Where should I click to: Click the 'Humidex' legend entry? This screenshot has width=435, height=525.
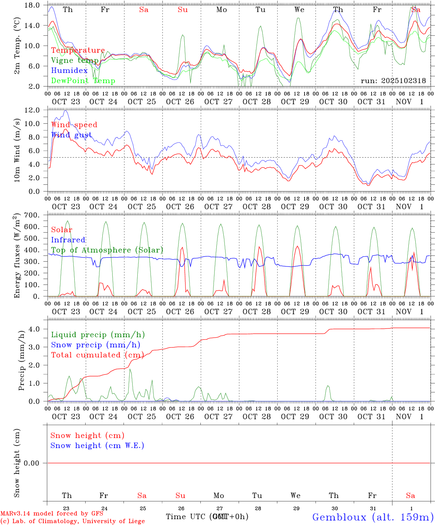69,71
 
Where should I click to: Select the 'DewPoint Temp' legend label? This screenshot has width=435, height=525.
83,81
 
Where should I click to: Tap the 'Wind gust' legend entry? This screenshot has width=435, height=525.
71,135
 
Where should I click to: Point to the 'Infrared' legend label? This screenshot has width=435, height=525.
68,240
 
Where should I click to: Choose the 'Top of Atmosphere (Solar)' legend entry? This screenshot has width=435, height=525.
107,250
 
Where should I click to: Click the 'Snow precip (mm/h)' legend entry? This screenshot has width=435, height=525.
95,345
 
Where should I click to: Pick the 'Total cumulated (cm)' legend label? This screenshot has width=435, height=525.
97,355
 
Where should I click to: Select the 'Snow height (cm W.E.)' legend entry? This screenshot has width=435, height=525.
97,446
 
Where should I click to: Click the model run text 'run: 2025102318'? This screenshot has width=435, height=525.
393,81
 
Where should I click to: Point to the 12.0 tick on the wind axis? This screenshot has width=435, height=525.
33,110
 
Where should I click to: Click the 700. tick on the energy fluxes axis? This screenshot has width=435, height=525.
32,215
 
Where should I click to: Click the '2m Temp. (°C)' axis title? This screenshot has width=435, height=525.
17,50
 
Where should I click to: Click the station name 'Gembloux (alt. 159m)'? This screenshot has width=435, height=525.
373,517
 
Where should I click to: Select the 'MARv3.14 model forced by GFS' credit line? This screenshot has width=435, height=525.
52,514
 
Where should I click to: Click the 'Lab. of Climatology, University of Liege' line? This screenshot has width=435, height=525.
72,521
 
